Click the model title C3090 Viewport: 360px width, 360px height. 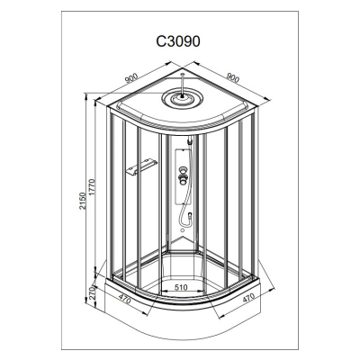178,41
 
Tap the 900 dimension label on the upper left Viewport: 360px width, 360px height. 131,77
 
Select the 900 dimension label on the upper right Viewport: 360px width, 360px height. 233,77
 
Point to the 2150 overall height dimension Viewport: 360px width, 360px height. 83,201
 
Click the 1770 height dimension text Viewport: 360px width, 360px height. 92,188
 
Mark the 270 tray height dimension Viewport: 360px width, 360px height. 92,293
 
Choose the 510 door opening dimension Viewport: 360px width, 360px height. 181,287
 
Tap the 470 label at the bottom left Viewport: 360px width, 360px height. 124,299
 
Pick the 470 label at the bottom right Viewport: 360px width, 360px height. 248,299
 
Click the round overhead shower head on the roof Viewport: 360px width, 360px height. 182,98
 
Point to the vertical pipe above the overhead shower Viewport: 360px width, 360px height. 183,84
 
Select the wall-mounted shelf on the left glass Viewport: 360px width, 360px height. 141,166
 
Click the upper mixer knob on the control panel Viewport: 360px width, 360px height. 182,171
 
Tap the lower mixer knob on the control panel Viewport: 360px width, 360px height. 182,179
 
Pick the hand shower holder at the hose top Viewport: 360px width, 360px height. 189,140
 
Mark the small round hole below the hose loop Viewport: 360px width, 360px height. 183,230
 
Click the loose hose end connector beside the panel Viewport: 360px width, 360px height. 190,215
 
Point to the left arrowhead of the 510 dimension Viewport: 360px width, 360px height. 164,292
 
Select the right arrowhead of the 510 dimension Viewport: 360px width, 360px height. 200,292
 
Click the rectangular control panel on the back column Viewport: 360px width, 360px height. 183,177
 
